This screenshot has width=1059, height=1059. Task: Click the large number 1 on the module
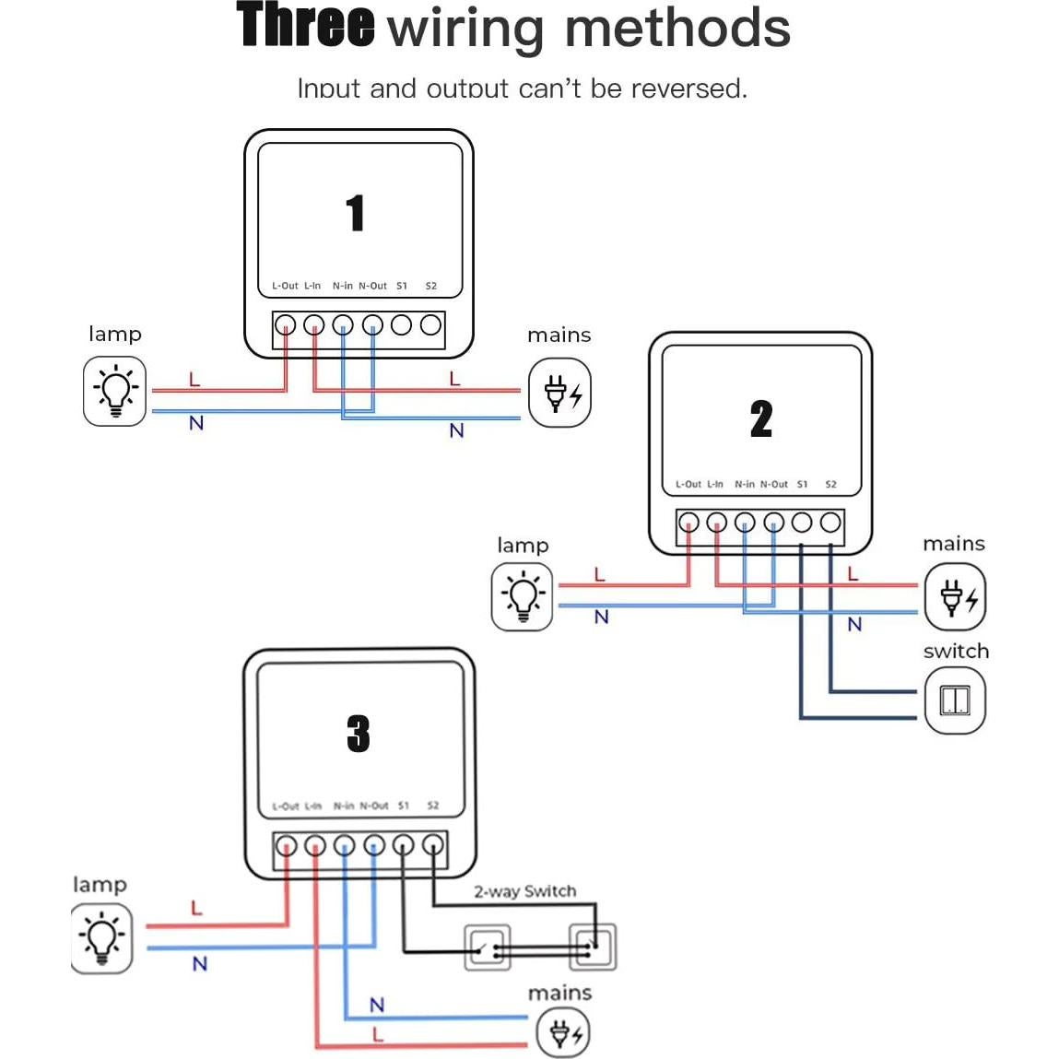(x=356, y=213)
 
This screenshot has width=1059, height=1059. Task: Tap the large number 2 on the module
(x=761, y=418)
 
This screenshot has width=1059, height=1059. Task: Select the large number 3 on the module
(x=359, y=735)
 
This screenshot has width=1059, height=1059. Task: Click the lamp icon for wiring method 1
(x=115, y=392)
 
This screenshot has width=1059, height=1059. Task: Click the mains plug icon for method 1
(x=559, y=393)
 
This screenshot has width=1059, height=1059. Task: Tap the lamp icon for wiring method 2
(x=523, y=597)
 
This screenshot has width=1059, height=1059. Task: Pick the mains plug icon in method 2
(x=956, y=597)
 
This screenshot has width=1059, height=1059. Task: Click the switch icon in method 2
(x=955, y=700)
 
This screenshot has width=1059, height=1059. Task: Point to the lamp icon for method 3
(x=101, y=938)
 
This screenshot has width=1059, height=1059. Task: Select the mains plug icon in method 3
(x=563, y=1033)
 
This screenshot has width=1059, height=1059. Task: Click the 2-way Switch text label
(x=524, y=891)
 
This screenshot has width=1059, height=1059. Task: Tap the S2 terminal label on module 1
(x=430, y=286)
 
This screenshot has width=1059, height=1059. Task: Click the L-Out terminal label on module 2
(x=688, y=484)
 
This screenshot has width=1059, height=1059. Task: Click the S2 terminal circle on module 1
(x=430, y=324)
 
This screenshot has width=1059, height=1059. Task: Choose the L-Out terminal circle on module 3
(x=287, y=844)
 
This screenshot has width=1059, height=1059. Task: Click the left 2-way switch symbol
(x=487, y=947)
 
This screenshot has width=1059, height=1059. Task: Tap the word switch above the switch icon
(x=956, y=652)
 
